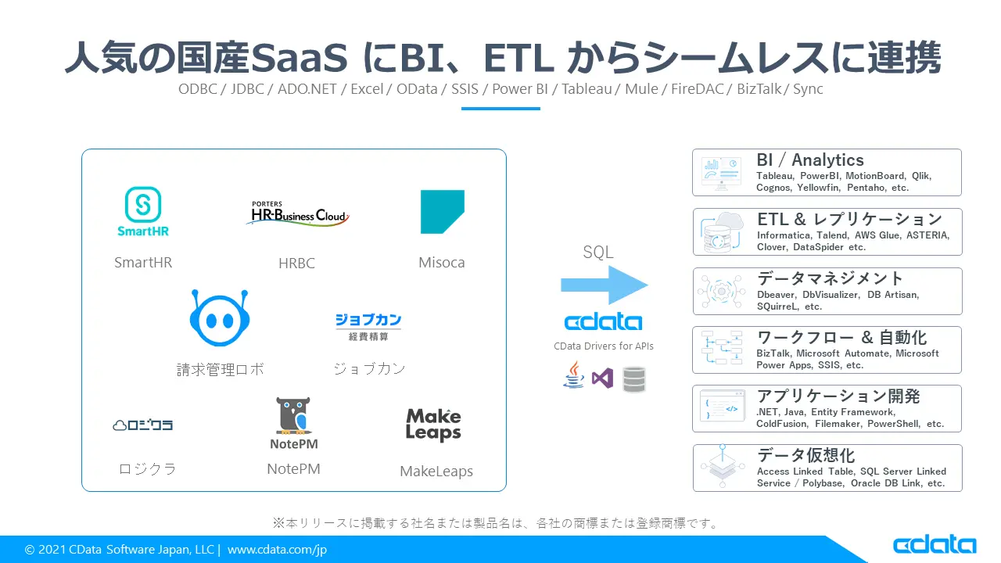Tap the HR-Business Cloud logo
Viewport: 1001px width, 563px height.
(x=296, y=213)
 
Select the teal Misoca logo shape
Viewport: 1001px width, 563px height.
(x=442, y=211)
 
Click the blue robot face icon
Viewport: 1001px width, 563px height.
(x=219, y=319)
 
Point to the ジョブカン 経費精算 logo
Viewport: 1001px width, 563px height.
(x=368, y=326)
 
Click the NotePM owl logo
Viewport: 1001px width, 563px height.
(x=293, y=423)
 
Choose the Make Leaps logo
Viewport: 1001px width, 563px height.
(x=433, y=425)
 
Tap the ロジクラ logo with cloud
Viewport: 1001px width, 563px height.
(x=143, y=425)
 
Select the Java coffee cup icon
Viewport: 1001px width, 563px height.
(x=574, y=376)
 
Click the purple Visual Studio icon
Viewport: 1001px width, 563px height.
(x=602, y=378)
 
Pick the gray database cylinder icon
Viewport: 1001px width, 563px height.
(x=633, y=379)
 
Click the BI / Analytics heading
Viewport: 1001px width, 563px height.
(x=809, y=160)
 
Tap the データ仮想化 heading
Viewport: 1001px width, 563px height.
(x=805, y=455)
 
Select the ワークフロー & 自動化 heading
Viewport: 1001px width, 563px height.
(x=841, y=337)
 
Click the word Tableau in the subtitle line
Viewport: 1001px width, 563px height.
(x=587, y=88)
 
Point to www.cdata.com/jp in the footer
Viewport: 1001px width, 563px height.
(x=277, y=550)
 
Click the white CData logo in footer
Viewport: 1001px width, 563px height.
(x=934, y=545)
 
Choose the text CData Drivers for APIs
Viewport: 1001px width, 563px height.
(x=603, y=346)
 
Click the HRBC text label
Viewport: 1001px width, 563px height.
(x=296, y=264)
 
